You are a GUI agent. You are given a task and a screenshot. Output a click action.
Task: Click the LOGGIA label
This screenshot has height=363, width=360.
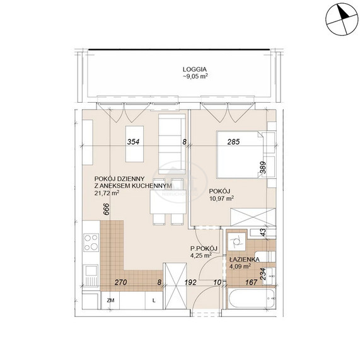[195, 69]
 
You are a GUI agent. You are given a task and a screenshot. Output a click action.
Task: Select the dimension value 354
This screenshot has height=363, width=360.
[133, 142]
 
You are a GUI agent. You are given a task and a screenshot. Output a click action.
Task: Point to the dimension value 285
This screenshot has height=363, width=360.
[233, 142]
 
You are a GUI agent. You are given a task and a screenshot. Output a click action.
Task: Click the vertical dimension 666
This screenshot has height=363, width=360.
[106, 209]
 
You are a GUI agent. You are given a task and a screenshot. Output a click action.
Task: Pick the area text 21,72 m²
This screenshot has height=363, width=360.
[107, 193]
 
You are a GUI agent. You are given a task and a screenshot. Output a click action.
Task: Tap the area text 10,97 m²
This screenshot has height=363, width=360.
[221, 199]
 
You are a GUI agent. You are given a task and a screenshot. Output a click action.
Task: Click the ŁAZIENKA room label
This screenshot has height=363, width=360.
[244, 259]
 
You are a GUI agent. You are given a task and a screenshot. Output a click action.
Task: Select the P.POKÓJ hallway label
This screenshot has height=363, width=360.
[204, 249]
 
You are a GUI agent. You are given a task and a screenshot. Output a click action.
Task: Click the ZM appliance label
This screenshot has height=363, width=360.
[111, 301]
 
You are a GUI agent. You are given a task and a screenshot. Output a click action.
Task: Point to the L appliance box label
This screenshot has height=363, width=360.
[154, 301]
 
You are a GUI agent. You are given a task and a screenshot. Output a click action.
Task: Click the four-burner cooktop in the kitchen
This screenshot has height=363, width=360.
[91, 242]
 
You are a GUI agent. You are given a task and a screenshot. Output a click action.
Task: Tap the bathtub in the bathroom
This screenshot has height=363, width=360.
[252, 298]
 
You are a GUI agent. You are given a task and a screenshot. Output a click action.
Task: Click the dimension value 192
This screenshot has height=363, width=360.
[190, 282]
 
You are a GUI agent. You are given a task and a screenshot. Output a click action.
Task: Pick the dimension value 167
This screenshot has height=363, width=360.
[252, 282]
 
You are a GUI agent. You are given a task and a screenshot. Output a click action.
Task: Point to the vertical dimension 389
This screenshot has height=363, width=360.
[263, 168]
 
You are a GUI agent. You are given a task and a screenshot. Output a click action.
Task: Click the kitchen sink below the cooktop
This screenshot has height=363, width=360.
[91, 275]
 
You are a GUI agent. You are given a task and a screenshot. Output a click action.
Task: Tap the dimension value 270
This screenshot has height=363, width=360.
[120, 282]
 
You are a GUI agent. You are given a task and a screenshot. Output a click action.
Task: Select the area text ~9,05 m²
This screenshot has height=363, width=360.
[195, 76]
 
